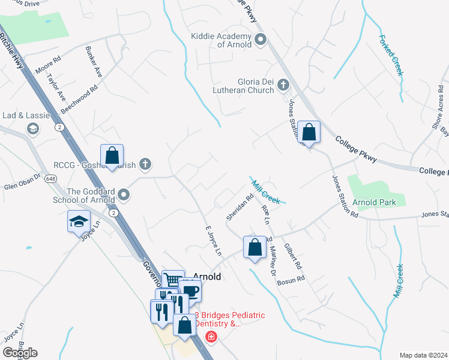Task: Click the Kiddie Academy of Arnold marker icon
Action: click(x=261, y=40)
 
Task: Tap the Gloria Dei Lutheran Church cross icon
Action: click(x=283, y=86)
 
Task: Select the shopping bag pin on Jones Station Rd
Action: click(x=309, y=132)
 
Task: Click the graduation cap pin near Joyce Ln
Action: click(x=79, y=221)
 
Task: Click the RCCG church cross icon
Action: click(x=145, y=163)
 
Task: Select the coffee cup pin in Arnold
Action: click(x=190, y=292)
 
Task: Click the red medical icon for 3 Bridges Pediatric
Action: click(x=210, y=337)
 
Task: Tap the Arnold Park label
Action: click(x=373, y=202)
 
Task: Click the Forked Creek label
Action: click(x=391, y=55)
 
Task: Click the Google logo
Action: click(x=20, y=353)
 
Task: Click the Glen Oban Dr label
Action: click(x=22, y=181)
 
